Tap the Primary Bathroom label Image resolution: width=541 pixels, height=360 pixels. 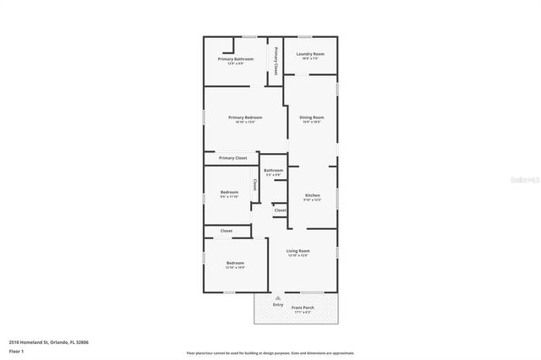tap(235, 59)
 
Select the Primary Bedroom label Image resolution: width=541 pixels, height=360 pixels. tap(245, 117)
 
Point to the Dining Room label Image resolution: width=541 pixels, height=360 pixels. tap(312, 117)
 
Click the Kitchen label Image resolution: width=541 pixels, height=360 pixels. tap(312, 195)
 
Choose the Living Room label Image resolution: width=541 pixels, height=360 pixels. tap(298, 251)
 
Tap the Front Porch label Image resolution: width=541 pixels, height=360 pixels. tap(303, 308)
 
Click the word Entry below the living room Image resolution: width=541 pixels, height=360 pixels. tap(277, 304)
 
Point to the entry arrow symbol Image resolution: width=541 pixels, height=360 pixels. tap(277, 297)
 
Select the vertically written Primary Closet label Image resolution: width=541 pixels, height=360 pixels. tap(276, 62)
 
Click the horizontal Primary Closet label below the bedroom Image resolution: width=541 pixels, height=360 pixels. tap(232, 158)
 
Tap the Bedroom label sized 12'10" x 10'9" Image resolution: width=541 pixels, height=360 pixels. tap(235, 264)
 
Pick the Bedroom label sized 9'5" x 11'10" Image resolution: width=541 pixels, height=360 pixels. tap(229, 193)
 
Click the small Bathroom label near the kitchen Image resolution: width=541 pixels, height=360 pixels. tap(273, 171)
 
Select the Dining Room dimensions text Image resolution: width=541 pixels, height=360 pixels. tap(312, 123)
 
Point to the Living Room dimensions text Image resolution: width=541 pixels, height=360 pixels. tap(298, 256)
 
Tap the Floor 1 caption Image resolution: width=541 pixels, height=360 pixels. tap(17, 350)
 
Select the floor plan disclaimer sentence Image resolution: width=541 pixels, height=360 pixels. tap(270, 353)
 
